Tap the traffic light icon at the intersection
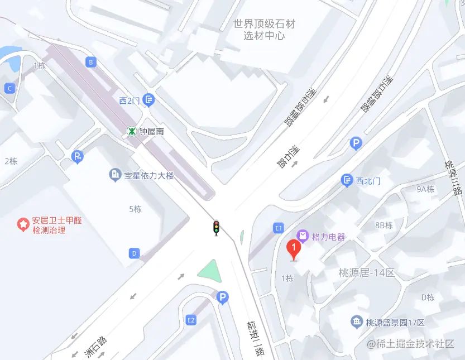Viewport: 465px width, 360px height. point(216,228)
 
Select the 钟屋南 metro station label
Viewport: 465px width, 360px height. point(152,132)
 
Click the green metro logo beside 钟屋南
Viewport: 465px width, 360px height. point(132,132)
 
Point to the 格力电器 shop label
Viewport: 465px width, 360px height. point(329,236)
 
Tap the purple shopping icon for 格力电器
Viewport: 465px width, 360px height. point(303,236)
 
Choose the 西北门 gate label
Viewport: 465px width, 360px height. point(368,180)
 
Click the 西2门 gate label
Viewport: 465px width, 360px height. point(129,100)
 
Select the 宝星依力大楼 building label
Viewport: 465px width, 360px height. point(149,175)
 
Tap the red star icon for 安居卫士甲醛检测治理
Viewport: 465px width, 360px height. point(23,225)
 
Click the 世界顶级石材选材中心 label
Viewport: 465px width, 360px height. point(264,30)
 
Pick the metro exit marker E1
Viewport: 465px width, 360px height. point(279,228)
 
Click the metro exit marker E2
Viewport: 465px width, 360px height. point(191,320)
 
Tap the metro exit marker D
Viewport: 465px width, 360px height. point(134,253)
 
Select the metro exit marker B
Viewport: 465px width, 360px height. point(91,62)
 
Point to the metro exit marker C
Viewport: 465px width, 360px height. point(9,88)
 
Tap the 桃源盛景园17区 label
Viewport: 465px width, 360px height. point(395,323)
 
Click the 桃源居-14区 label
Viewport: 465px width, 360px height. point(367,273)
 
